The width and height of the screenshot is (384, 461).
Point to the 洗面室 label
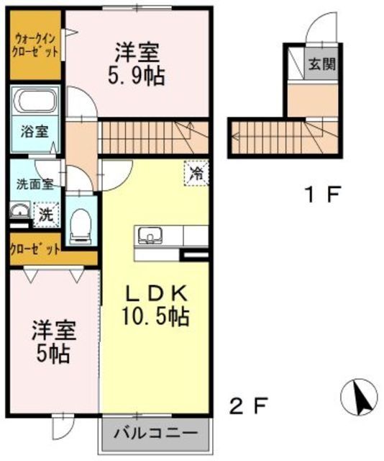click(x=35, y=183)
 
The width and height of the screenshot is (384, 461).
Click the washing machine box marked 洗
click(x=44, y=214)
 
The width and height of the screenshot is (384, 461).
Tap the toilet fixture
click(x=81, y=225)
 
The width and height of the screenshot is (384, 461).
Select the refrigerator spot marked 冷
click(x=195, y=173)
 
